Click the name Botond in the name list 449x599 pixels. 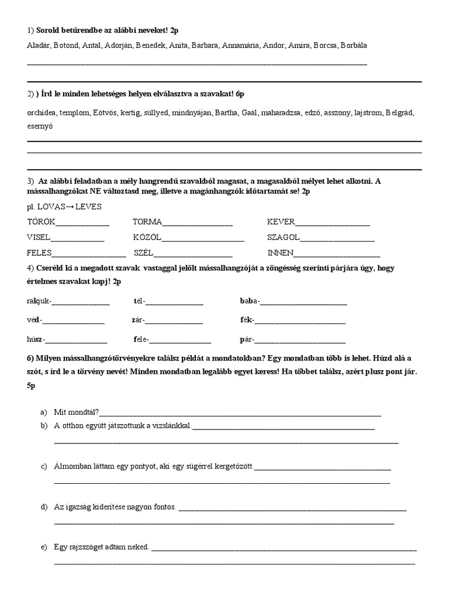tap(64, 45)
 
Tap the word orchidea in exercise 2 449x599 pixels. tap(42, 112)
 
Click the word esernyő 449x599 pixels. tap(39, 125)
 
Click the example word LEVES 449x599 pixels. tap(87, 206)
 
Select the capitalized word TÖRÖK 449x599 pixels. tap(40, 222)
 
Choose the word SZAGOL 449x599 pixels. tap(284, 237)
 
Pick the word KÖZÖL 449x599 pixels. tap(147, 237)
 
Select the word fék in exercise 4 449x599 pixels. tap(246, 320)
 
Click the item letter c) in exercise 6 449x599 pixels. tap(44, 466)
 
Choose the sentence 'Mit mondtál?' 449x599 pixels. tap(77, 412)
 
